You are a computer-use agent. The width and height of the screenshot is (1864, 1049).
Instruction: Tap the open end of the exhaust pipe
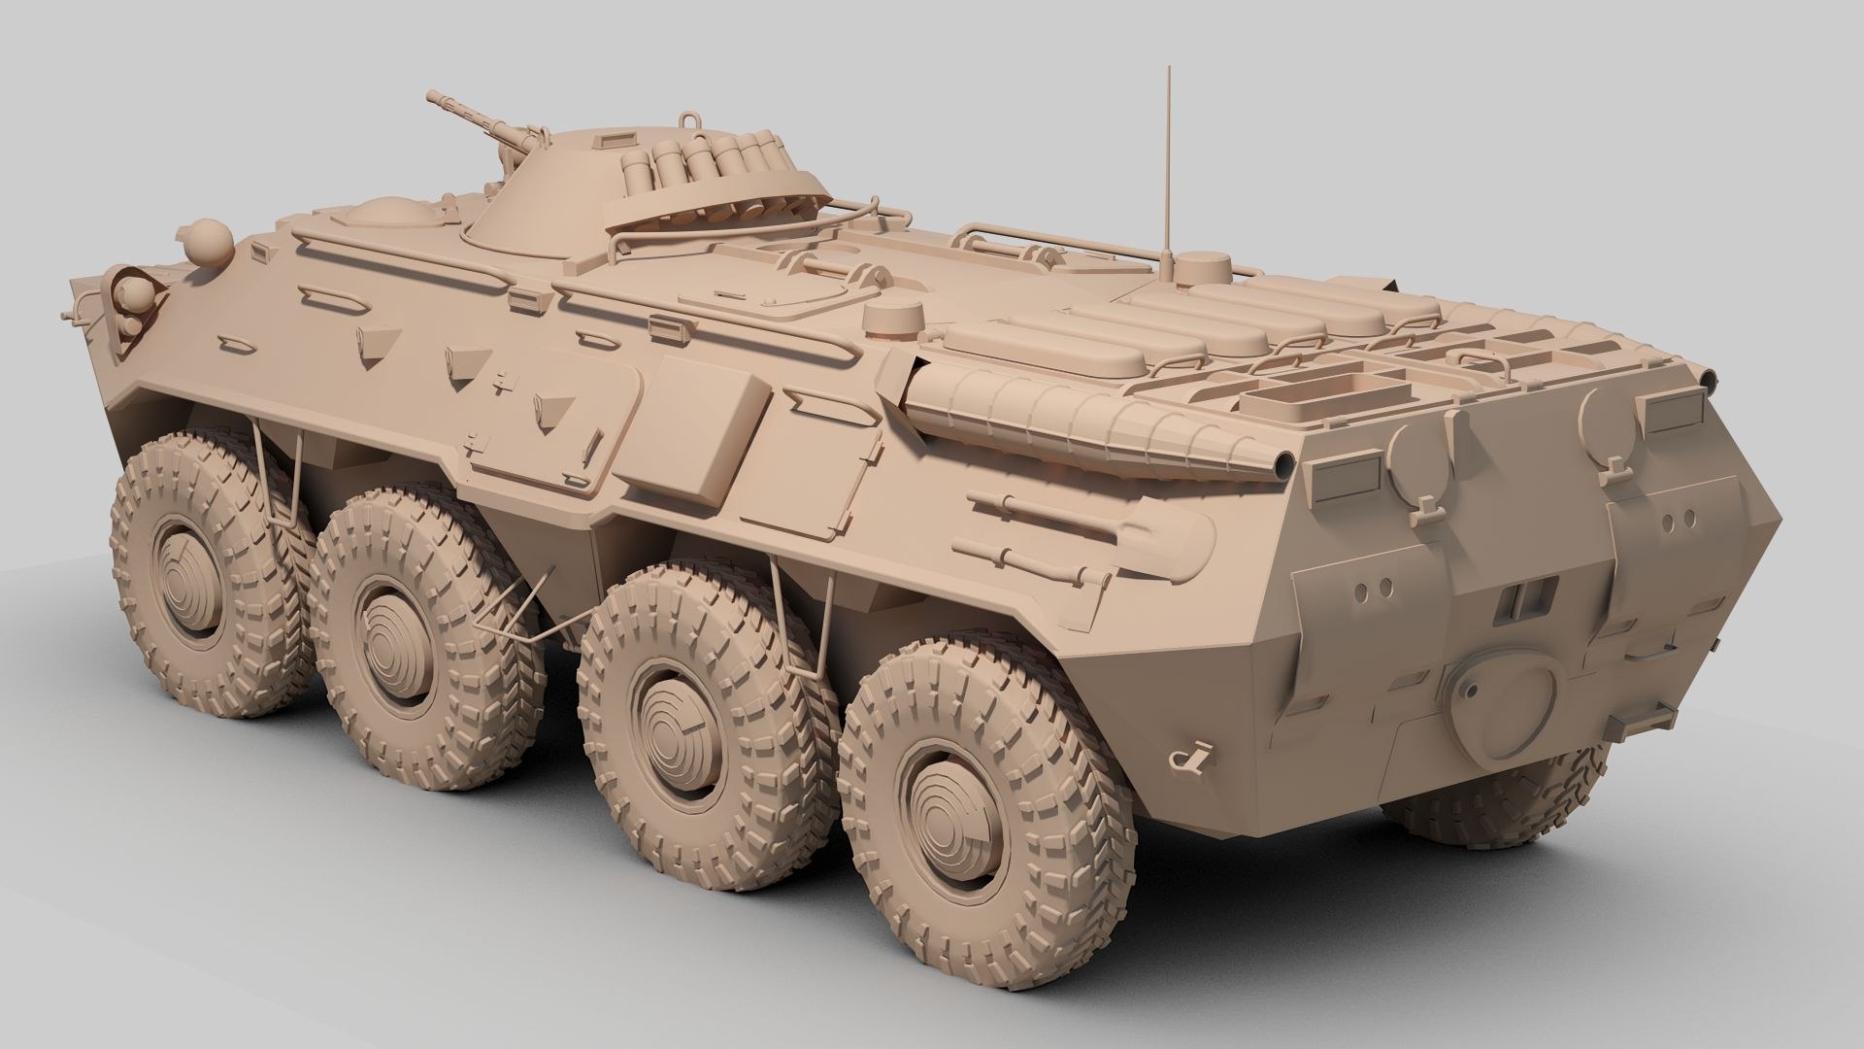tap(1282, 464)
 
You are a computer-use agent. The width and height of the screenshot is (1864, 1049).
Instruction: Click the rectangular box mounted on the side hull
tap(713, 426)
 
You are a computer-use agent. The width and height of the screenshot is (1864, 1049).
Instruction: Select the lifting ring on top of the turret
tap(690, 119)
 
